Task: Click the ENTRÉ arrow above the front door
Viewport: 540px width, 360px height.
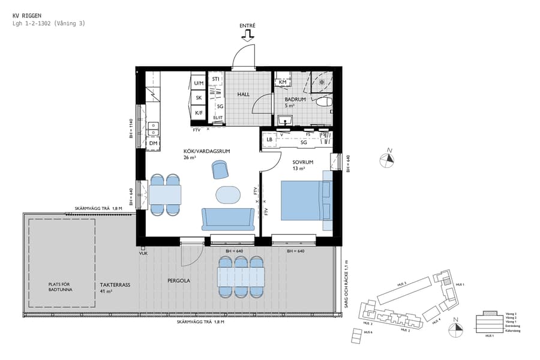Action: coord(247,37)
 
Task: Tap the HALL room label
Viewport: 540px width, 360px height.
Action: coord(243,95)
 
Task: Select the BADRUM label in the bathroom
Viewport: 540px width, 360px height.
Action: coord(295,100)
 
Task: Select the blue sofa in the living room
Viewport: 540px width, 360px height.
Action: coord(228,219)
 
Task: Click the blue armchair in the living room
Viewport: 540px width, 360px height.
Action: coord(220,170)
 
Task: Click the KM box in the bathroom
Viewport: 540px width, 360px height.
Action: coord(283,82)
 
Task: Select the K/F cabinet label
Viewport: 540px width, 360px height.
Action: coord(199,112)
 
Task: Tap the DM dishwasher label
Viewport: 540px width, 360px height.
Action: coord(154,143)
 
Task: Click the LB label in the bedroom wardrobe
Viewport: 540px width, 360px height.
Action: coord(269,140)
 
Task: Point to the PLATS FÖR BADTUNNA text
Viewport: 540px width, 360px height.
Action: coord(62,289)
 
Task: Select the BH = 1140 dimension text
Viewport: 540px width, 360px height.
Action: coord(131,128)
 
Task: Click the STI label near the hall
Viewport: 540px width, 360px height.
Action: coord(215,79)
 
